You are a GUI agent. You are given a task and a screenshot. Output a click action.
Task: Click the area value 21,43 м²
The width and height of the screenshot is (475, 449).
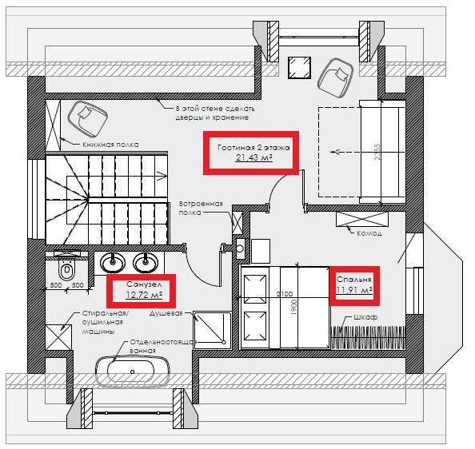click(253, 157)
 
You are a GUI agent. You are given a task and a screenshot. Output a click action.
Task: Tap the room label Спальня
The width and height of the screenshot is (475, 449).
click(353, 280)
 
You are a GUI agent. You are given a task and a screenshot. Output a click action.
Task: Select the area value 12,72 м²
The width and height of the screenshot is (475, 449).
click(144, 294)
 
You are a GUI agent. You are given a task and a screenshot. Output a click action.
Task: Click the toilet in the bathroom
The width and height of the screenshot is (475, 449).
click(66, 269)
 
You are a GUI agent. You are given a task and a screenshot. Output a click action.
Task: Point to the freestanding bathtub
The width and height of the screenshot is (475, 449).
click(132, 372)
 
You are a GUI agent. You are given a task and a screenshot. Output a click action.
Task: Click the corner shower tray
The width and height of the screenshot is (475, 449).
click(211, 330)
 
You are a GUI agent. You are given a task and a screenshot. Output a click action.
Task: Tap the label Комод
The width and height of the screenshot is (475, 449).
click(369, 233)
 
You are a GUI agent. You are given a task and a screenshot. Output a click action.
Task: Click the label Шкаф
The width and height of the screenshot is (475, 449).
click(365, 317)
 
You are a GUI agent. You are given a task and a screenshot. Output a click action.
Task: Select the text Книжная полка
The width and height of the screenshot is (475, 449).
click(110, 145)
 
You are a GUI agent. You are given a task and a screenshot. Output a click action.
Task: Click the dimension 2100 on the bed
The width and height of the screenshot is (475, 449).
click(285, 294)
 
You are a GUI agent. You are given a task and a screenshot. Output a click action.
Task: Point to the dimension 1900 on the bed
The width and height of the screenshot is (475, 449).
click(293, 308)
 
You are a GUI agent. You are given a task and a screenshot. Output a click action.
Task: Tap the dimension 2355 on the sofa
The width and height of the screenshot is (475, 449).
click(377, 152)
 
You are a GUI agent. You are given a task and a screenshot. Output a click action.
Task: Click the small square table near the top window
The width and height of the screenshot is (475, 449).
click(299, 67)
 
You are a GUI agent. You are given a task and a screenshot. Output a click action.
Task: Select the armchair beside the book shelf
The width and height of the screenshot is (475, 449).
click(87, 119)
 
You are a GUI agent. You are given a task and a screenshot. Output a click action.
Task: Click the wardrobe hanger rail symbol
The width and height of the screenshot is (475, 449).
click(368, 337)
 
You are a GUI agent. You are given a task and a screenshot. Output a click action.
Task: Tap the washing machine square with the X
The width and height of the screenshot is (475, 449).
click(58, 338)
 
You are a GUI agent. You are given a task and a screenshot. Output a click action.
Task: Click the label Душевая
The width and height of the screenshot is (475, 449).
click(166, 313)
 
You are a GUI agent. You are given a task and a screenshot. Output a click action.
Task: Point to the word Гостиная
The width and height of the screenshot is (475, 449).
click(236, 148)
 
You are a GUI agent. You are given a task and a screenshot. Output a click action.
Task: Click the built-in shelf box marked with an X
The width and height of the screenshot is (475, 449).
click(237, 223)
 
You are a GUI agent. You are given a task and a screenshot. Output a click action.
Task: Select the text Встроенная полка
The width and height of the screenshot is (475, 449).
click(201, 208)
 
